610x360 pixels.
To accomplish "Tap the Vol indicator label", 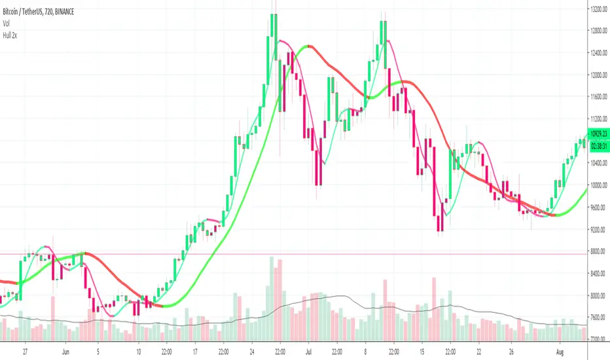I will pyautogui.click(x=9, y=22).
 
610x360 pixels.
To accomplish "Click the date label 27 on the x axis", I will pyautogui.click(x=25, y=350).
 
